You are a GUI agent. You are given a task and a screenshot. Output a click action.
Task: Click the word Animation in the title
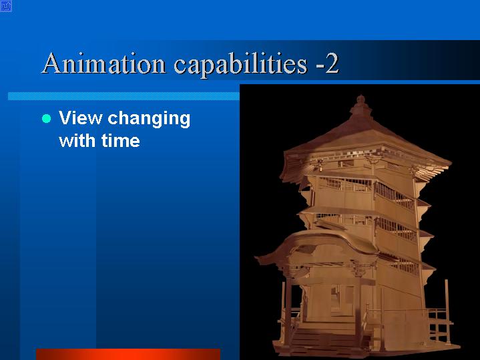click(x=103, y=63)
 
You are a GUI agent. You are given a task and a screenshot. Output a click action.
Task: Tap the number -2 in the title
click(x=327, y=63)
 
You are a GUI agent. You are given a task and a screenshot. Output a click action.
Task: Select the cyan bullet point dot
click(x=46, y=118)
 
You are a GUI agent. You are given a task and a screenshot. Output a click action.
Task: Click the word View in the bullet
click(x=80, y=118)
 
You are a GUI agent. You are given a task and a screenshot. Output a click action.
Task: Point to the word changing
click(x=149, y=120)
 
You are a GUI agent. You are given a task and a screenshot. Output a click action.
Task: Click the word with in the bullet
click(x=77, y=141)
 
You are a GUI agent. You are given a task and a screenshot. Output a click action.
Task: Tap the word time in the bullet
click(x=121, y=141)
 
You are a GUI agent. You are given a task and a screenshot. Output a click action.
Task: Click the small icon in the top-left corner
click(x=6, y=6)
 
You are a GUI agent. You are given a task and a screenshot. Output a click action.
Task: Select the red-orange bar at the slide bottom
click(x=128, y=354)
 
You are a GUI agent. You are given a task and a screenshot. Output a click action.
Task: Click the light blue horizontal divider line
click(x=124, y=96)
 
